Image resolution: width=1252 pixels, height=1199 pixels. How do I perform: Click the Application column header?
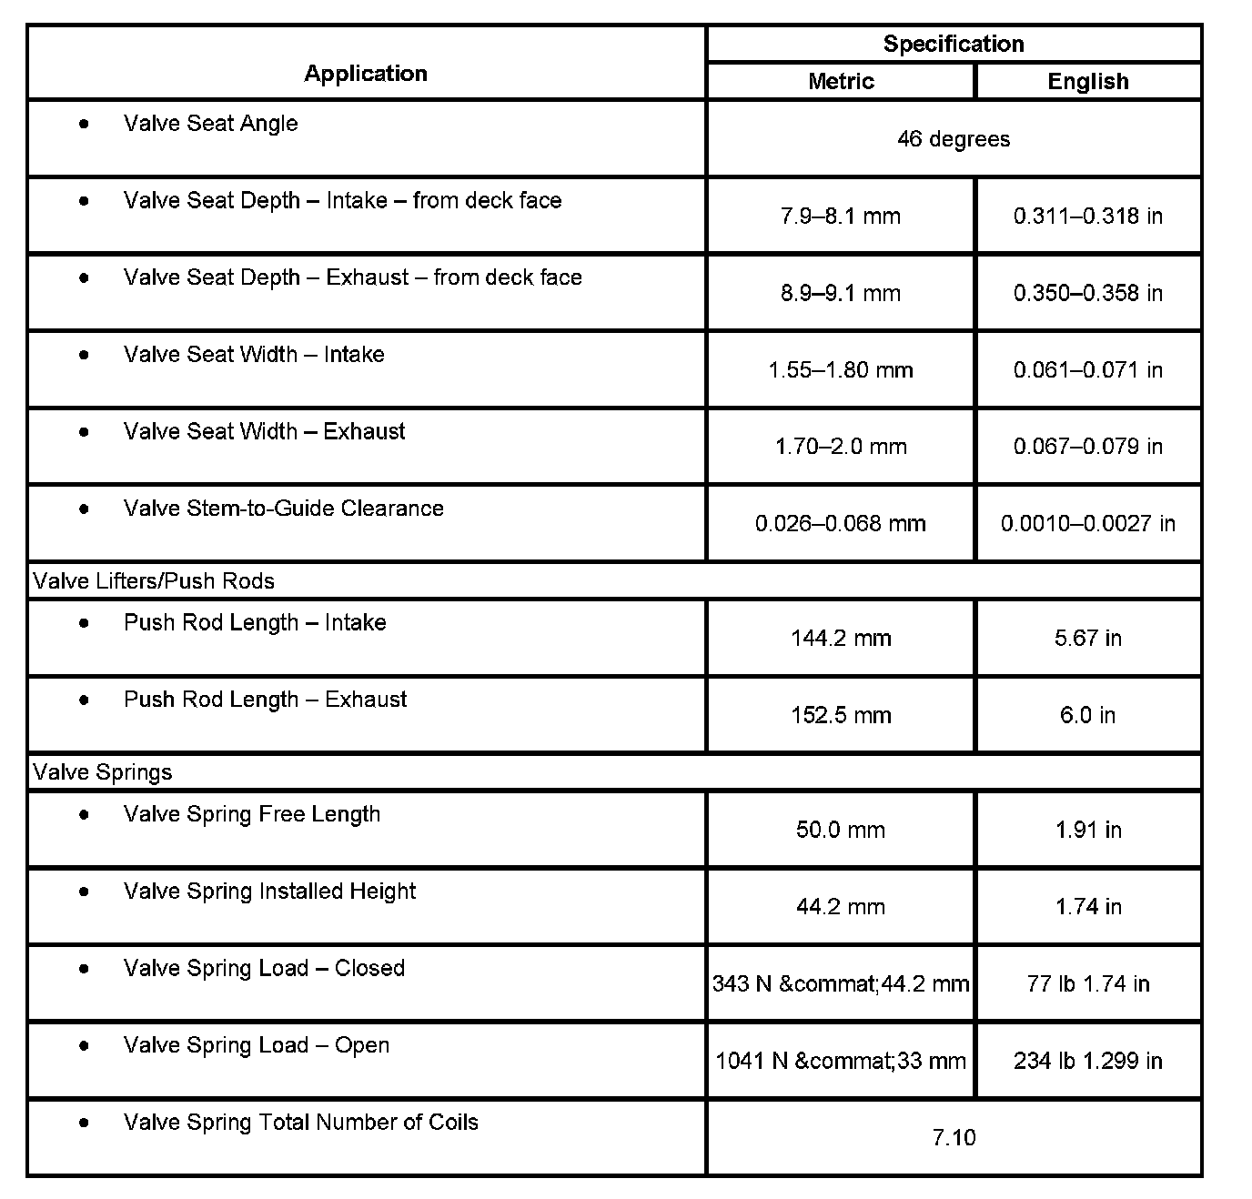click(x=366, y=74)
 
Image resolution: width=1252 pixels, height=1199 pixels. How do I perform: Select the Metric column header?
click(x=841, y=81)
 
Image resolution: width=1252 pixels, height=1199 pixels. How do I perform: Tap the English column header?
click(x=1088, y=81)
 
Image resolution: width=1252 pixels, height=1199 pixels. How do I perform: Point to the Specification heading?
click(x=954, y=44)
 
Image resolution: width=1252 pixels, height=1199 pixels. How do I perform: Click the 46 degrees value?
click(x=954, y=139)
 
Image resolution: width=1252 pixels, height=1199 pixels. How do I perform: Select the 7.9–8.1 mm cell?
click(x=841, y=217)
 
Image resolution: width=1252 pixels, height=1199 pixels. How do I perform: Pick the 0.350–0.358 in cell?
click(x=1088, y=293)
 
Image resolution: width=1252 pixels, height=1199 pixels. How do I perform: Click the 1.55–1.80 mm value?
click(x=841, y=370)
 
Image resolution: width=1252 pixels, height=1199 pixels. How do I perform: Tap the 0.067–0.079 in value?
click(x=1088, y=447)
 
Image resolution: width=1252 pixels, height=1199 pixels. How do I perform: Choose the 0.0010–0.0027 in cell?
click(x=1088, y=524)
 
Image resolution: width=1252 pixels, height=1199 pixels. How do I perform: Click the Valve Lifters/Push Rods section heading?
click(x=154, y=581)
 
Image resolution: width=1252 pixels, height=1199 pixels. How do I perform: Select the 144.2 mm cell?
click(x=841, y=639)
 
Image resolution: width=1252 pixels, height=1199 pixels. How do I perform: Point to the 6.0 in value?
click(x=1088, y=715)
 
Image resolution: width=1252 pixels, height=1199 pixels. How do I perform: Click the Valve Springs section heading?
click(x=103, y=772)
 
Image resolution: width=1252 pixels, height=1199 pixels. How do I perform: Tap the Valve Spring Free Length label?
click(x=252, y=814)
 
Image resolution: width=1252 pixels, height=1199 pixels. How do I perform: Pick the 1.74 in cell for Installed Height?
click(x=1088, y=907)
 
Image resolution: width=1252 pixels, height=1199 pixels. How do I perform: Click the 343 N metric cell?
click(x=841, y=983)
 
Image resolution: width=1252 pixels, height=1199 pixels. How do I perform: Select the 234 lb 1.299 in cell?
click(x=1088, y=1061)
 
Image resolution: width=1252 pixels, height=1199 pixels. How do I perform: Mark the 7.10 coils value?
click(x=954, y=1137)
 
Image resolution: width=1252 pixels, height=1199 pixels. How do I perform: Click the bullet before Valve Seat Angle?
click(x=85, y=124)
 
